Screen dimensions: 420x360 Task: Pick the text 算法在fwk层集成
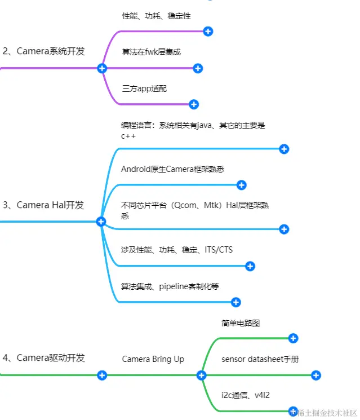pos(151,52)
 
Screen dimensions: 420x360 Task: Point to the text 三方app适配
pos(144,89)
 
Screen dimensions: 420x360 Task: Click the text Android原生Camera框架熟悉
pos(172,169)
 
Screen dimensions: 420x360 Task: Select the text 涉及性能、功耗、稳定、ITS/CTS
pos(176,250)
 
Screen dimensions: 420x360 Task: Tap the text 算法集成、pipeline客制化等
pos(170,286)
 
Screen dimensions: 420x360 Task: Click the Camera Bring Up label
pos(153,359)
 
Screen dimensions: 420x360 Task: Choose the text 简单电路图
pos(241,323)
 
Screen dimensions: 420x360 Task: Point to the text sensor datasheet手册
pos(260,359)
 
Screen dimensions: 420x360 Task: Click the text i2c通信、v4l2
pos(246,395)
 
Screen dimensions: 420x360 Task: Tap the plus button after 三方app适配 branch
pos(194,104)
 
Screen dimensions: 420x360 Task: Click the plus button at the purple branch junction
pos(102,68)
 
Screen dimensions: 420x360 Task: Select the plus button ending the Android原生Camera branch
pos(242,185)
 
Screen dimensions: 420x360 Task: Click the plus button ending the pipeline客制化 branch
pos(236,303)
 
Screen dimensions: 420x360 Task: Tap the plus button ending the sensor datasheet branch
pos(316,375)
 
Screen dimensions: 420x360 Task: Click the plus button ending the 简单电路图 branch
pos(293,338)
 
